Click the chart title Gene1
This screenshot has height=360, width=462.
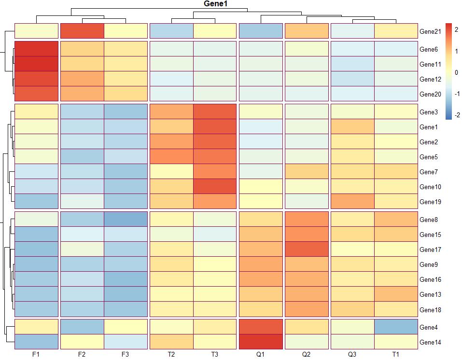point(216,4)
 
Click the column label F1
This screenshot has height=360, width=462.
point(36,355)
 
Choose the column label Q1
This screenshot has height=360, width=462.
point(261,355)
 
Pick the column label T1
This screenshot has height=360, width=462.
point(396,355)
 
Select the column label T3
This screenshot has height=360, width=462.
point(215,355)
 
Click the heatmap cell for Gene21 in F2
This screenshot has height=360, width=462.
point(82,31)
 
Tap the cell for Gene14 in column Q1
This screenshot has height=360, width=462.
point(261,342)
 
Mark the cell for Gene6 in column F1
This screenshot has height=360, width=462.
point(37,49)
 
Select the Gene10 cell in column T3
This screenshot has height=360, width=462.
point(215,187)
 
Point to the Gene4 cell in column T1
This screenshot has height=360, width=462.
point(396,327)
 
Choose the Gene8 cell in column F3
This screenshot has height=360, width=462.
point(126,220)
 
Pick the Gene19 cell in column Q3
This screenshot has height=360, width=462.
point(352,202)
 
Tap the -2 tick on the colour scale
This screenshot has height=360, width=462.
point(456,115)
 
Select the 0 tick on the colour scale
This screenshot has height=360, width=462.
point(457,73)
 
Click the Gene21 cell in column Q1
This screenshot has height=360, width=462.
point(261,31)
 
